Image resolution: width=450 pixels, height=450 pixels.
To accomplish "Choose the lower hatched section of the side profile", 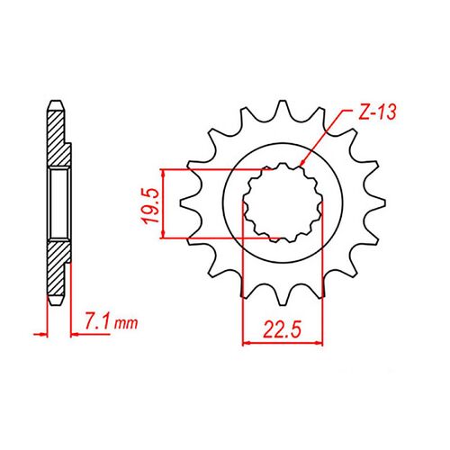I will click(x=56, y=265).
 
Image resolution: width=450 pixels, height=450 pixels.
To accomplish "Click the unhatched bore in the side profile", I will click(x=58, y=203).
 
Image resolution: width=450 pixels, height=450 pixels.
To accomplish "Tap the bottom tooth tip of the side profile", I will click(x=55, y=304).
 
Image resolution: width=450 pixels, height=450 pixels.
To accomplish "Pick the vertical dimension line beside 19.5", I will click(x=163, y=203).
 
